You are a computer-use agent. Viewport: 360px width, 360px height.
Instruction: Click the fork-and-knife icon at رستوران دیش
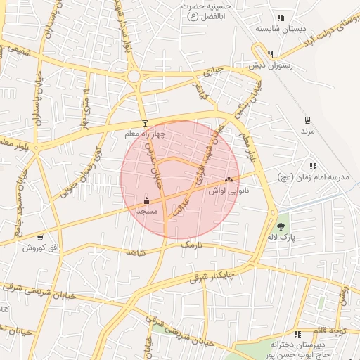click(x=271, y=53)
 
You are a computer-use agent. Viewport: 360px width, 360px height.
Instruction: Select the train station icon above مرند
click(x=307, y=120)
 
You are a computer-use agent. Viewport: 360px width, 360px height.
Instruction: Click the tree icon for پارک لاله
click(x=281, y=226)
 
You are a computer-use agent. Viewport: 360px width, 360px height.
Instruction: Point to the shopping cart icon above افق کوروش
click(x=40, y=238)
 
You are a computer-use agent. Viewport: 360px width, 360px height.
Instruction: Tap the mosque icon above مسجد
click(x=146, y=200)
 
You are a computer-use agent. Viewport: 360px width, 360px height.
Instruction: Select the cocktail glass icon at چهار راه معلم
click(x=145, y=123)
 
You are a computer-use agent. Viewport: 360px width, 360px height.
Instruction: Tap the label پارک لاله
click(x=281, y=238)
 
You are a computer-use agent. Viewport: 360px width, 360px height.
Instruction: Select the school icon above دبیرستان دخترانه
click(x=297, y=334)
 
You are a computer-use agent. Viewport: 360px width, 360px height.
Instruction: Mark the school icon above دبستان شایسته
click(x=281, y=18)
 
